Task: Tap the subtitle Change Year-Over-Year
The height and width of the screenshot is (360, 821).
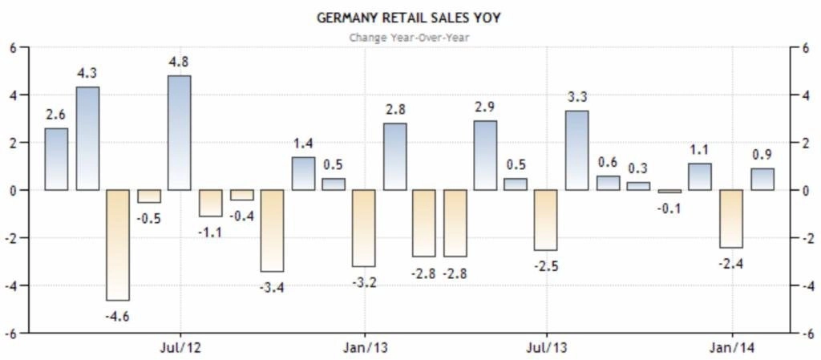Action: pyautogui.click(x=409, y=36)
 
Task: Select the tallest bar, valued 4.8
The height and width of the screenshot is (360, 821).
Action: pyautogui.click(x=180, y=133)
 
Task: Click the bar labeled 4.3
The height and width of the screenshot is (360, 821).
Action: pyautogui.click(x=87, y=139)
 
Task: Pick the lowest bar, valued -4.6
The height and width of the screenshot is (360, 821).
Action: pyautogui.click(x=118, y=245)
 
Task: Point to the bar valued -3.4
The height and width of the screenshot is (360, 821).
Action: pyautogui.click(x=272, y=230)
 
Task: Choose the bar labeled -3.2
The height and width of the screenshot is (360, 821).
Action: pyautogui.click(x=363, y=228)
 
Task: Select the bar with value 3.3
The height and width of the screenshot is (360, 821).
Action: pyautogui.click(x=576, y=151)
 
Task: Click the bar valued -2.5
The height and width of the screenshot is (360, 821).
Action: pyautogui.click(x=546, y=220)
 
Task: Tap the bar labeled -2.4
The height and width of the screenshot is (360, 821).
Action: pyautogui.click(x=730, y=219)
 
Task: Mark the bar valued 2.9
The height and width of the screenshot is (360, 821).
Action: pyautogui.click(x=485, y=156)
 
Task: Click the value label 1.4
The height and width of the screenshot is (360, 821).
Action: pyautogui.click(x=302, y=144)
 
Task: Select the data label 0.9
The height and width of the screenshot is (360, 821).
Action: pyautogui.click(x=762, y=154)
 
